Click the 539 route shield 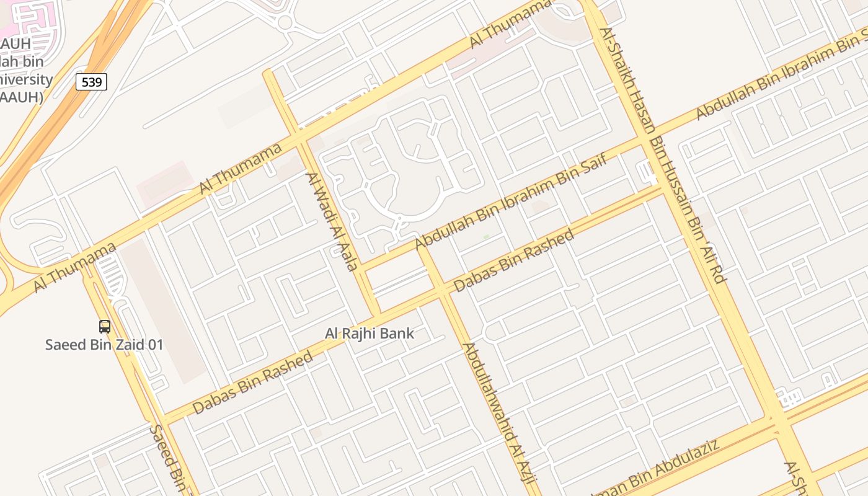pos(91,82)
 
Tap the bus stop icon pos(105,326)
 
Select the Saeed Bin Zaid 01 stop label pos(104,345)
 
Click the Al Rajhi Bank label pos(370,334)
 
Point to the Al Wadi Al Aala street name pos(331,221)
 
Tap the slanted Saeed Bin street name pos(167,458)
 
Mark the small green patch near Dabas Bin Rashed pos(486,237)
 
